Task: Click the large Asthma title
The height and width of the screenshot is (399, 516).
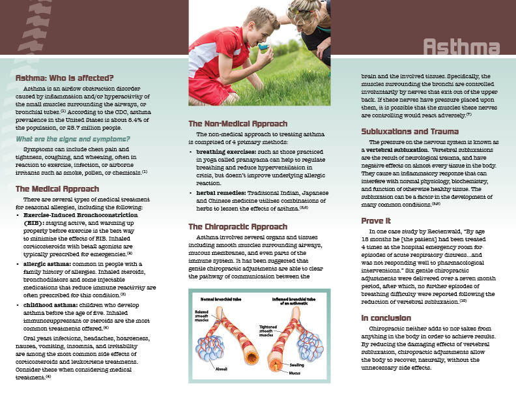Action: point(461,48)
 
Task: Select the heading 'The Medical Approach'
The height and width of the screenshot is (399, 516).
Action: point(57,189)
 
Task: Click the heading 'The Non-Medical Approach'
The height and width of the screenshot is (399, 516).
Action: point(237,124)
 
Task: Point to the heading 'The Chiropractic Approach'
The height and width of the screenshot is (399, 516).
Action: point(238,226)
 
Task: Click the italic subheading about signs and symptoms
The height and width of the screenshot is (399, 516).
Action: point(72,139)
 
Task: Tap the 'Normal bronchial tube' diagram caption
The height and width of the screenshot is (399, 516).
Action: point(220,297)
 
